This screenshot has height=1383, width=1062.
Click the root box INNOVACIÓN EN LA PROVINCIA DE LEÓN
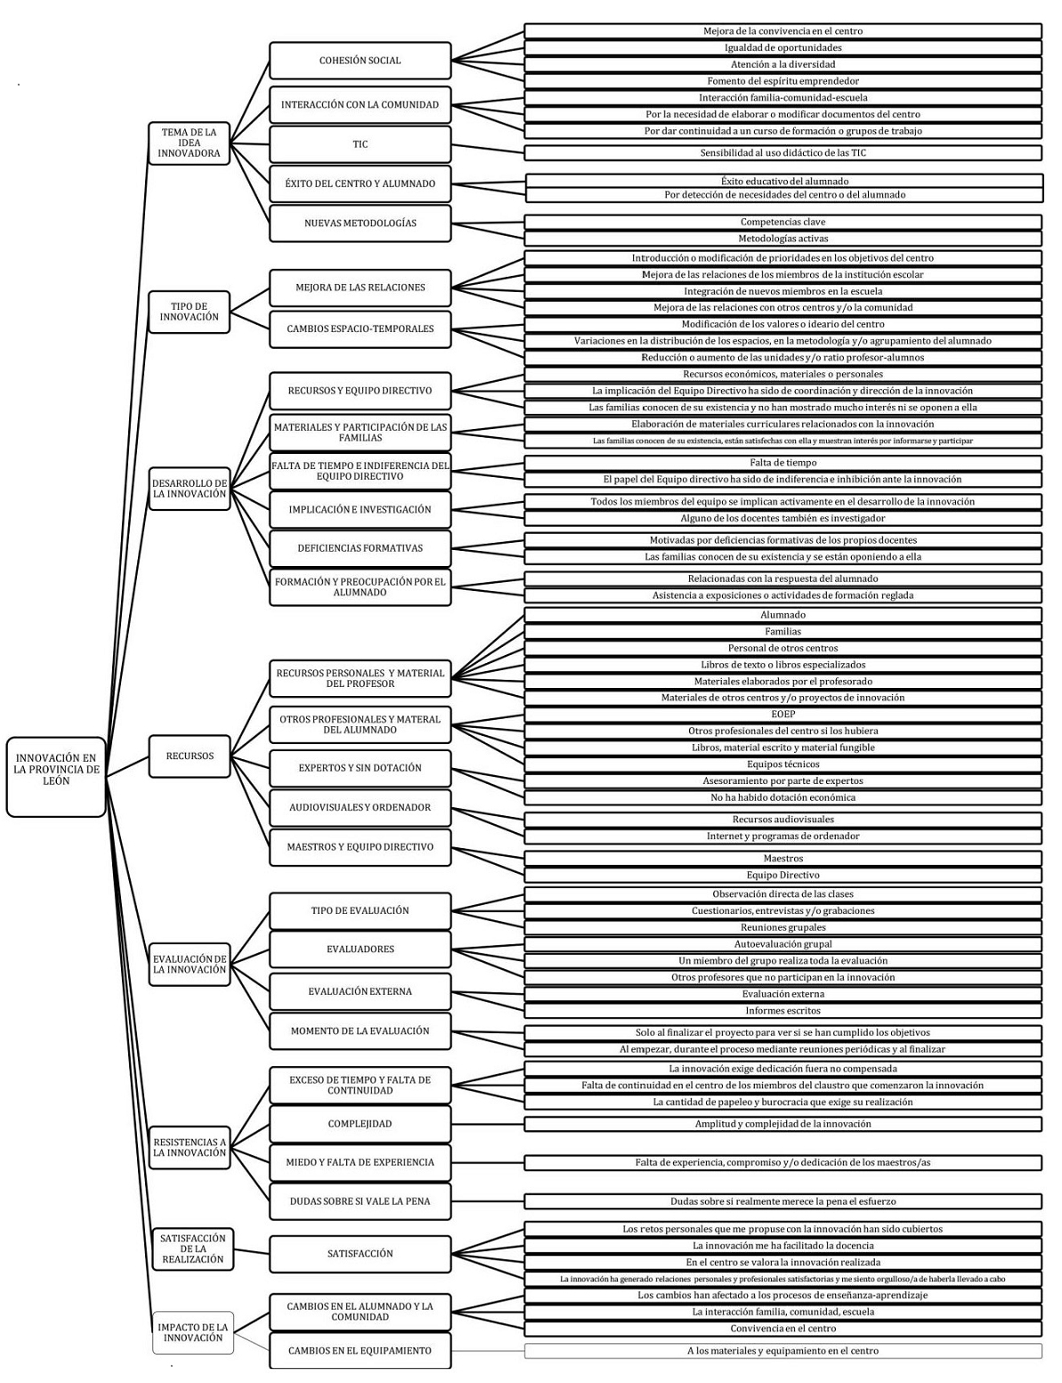pyautogui.click(x=56, y=776)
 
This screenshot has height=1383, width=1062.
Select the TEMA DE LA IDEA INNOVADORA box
pyautogui.click(x=189, y=142)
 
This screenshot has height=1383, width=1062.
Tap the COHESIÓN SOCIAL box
pyautogui.click(x=361, y=61)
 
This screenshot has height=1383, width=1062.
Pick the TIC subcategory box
pyautogui.click(x=361, y=144)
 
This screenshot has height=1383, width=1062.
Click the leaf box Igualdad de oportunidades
pyautogui.click(x=782, y=47)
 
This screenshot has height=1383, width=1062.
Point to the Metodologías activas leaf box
pyautogui.click(x=782, y=239)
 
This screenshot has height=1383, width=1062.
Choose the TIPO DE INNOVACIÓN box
pyautogui.click(x=189, y=311)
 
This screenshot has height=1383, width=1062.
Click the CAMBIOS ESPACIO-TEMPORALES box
pyautogui.click(x=361, y=329)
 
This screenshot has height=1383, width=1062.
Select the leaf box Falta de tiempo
pyautogui.click(x=782, y=463)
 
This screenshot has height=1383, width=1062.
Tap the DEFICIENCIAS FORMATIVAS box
pyautogui.click(x=361, y=548)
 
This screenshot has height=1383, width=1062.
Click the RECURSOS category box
pyautogui.click(x=189, y=756)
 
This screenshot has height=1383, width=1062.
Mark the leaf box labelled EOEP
pyautogui.click(x=782, y=715)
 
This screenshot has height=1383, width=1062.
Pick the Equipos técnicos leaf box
pyautogui.click(x=782, y=764)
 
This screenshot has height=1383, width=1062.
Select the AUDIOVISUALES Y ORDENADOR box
pyautogui.click(x=361, y=807)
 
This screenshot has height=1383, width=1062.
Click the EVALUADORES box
pyautogui.click(x=361, y=950)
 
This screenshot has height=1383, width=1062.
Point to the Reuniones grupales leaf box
pyautogui.click(x=782, y=927)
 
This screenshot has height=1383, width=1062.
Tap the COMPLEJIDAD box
pyautogui.click(x=361, y=1124)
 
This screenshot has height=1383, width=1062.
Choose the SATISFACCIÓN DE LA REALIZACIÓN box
pyautogui.click(x=192, y=1249)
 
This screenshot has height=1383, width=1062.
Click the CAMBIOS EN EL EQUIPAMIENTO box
pyautogui.click(x=361, y=1351)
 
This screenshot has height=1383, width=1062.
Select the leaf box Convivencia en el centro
pyautogui.click(x=782, y=1329)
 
